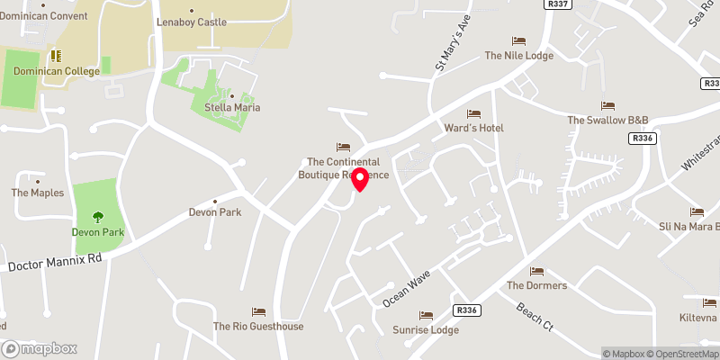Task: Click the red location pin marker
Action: click(361, 179)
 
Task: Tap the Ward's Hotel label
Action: click(473, 128)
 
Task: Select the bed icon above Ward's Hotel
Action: click(473, 113)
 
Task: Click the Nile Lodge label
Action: click(519, 55)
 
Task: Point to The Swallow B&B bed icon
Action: click(607, 105)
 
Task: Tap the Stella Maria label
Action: click(231, 108)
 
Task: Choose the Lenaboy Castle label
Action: click(192, 22)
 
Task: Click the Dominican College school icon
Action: click(54, 56)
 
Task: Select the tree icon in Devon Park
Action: click(97, 217)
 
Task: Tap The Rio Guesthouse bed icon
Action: click(258, 311)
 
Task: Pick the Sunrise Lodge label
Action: click(426, 329)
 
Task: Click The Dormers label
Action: click(536, 285)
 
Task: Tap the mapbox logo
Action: click(40, 348)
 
